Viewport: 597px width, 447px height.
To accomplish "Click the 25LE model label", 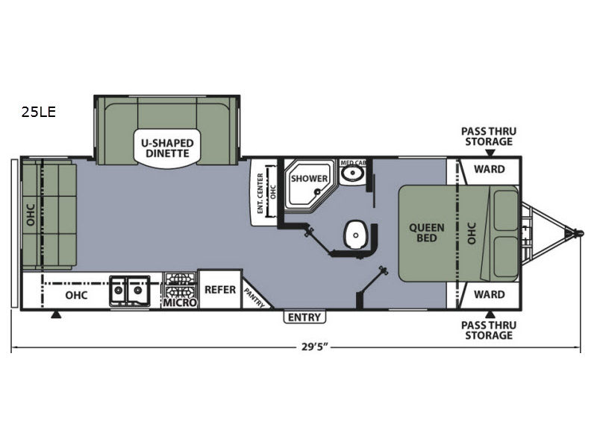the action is [39, 112].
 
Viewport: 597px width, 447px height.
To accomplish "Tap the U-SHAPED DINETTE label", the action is [167, 148].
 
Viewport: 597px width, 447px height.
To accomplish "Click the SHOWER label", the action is [309, 178].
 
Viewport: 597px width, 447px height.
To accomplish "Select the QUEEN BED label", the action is [426, 232].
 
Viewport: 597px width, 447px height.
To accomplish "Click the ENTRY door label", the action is [304, 317].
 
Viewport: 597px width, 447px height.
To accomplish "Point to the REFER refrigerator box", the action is [220, 289].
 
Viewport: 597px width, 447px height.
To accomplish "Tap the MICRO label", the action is [180, 302].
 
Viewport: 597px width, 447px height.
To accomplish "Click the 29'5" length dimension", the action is [315, 347].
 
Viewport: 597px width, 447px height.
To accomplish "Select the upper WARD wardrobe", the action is [490, 169].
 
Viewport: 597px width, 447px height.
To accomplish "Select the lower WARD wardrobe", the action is [490, 294].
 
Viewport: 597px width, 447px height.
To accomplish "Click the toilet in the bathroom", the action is [356, 235].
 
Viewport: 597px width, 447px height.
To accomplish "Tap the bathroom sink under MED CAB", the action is [351, 174].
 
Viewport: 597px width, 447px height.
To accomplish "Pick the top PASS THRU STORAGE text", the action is [489, 136].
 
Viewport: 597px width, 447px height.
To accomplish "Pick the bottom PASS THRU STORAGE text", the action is [489, 330].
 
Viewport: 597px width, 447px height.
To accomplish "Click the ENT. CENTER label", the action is [260, 193].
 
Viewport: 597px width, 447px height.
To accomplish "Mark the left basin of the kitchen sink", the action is [118, 291].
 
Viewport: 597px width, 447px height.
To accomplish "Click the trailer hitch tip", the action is [579, 232].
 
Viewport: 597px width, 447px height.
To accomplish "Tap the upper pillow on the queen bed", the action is [506, 211].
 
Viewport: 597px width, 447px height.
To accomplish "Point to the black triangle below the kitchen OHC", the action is [56, 314].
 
